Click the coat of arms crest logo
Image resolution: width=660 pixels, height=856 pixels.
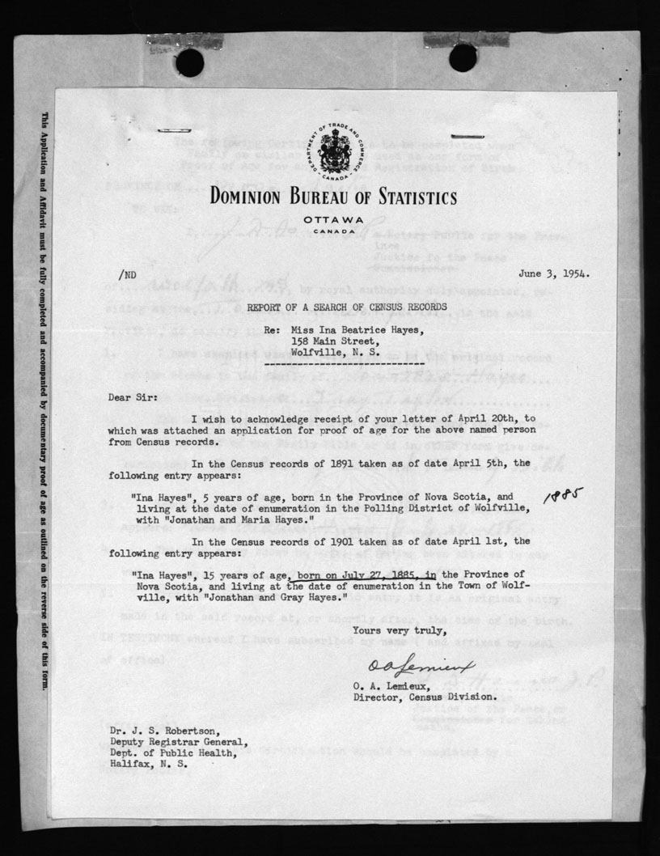click(333, 153)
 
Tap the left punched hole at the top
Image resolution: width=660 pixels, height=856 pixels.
click(189, 61)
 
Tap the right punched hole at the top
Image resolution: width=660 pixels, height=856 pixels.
click(463, 57)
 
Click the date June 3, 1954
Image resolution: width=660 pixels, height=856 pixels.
click(559, 273)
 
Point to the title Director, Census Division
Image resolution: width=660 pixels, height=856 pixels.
click(424, 696)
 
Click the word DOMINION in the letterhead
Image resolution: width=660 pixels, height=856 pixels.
click(258, 197)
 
